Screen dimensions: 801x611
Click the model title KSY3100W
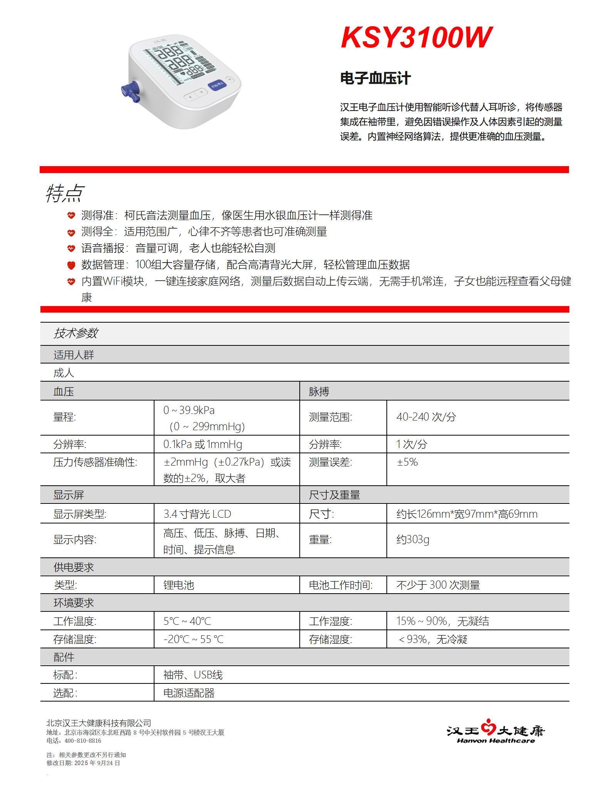416,38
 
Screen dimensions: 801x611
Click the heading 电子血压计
375,78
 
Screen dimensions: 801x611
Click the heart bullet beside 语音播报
71,248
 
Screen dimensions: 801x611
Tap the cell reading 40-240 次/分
426,417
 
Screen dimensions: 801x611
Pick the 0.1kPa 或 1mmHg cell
203,444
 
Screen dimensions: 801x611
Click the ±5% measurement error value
407,462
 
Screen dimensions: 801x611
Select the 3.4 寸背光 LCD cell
197,514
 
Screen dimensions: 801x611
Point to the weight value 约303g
413,539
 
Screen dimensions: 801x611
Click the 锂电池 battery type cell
179,585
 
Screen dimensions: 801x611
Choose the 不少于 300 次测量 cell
438,585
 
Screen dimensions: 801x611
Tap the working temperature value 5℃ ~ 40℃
187,621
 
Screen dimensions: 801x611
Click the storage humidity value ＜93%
432,639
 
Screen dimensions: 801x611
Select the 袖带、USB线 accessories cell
193,675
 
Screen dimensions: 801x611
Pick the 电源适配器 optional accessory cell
189,693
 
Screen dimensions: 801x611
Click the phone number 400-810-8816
83,740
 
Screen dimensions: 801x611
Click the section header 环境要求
74,603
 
